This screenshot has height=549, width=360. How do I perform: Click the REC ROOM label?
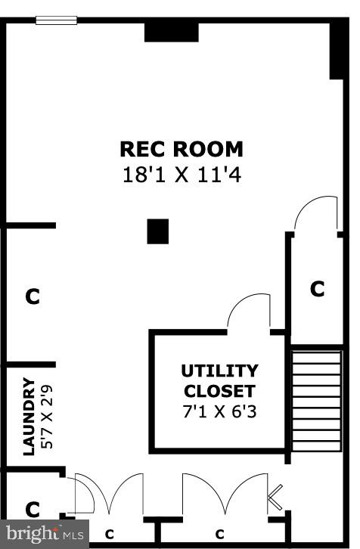(182, 148)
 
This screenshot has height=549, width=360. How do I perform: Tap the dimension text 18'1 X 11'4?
(182, 175)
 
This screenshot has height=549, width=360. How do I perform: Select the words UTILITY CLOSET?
(219, 381)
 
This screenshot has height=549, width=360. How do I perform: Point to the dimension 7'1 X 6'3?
(219, 414)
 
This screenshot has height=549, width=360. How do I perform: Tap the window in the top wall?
(56, 20)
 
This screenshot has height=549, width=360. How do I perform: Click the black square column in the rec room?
(157, 231)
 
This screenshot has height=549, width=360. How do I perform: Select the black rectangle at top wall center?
(171, 32)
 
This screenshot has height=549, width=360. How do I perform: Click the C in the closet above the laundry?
(32, 296)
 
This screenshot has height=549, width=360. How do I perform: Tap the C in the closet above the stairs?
(318, 288)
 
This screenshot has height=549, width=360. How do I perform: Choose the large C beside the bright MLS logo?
(32, 509)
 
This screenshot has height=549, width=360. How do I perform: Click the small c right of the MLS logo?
(109, 534)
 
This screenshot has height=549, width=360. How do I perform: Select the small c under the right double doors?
(221, 534)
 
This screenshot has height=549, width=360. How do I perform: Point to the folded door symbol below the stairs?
(276, 498)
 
